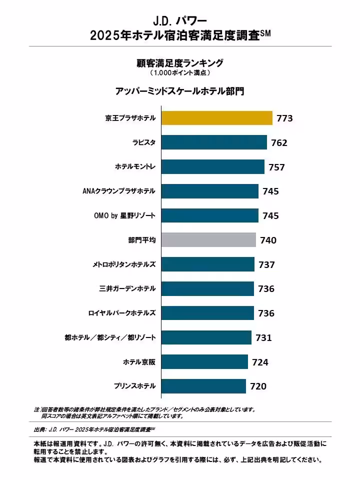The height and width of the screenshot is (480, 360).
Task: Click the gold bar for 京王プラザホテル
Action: (x=216, y=118)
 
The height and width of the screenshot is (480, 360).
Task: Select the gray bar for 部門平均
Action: (x=208, y=240)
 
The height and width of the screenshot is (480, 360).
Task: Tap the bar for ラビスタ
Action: (x=214, y=142)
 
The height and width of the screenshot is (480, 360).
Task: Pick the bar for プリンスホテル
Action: (x=203, y=386)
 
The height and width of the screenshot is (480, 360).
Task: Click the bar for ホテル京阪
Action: (x=204, y=361)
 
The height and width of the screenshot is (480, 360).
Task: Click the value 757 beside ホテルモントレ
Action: (x=276, y=167)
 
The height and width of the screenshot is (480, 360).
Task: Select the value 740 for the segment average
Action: (x=268, y=240)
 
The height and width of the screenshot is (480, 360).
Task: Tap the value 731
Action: (x=263, y=337)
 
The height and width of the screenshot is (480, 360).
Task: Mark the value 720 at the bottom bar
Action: (x=258, y=386)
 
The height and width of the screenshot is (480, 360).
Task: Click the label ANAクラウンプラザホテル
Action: (x=118, y=191)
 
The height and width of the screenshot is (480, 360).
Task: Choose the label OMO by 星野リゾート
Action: (x=124, y=215)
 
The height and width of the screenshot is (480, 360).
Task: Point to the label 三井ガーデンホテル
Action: (x=127, y=288)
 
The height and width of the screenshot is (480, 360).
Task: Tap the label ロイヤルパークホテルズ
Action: (x=121, y=313)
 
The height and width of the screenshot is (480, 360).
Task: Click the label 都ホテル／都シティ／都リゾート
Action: (x=110, y=337)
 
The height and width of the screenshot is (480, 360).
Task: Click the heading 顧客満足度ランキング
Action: (x=179, y=63)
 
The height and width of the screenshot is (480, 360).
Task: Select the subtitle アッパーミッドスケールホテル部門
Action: (x=179, y=91)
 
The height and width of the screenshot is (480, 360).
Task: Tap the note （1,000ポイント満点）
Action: (x=179, y=73)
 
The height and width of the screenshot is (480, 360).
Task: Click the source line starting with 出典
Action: (x=94, y=429)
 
